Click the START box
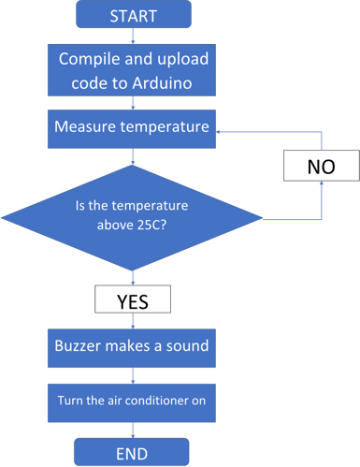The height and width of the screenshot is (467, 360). tap(132, 16)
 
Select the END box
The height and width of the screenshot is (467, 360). tap(132, 452)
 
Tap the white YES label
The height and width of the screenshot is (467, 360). tap(132, 300)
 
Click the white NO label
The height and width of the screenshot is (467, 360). tap(321, 168)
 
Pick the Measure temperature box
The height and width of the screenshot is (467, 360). tap(132, 126)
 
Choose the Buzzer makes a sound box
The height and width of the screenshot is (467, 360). tap(132, 346)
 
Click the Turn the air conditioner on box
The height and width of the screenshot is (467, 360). tap(132, 400)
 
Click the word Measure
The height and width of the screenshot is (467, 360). tap(87, 126)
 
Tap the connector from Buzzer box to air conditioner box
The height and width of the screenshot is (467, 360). tap(132, 372)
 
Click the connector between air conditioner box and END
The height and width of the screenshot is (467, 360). tap(132, 429)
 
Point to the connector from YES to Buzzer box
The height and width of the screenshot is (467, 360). tap(132, 320)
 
